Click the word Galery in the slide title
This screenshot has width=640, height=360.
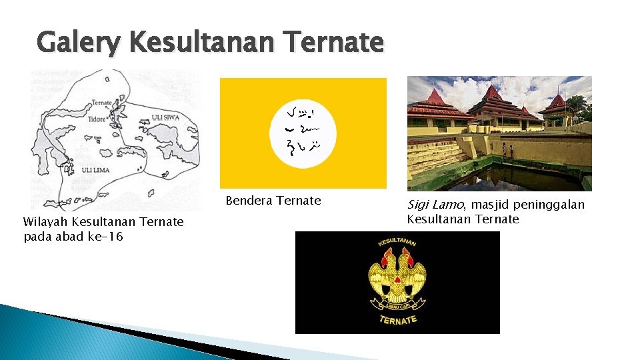point(79,43)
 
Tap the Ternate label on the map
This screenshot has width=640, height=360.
point(102,103)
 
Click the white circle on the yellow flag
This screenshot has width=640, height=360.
point(303,133)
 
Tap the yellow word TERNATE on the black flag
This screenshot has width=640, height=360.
point(398,320)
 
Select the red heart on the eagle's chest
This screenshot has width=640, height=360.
point(397,279)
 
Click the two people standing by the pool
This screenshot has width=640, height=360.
point(508,150)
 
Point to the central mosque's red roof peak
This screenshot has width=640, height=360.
point(493,90)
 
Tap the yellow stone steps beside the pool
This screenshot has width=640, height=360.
point(433,157)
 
